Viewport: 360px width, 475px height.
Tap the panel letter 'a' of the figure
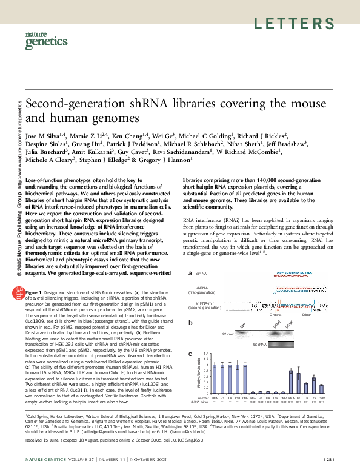190,274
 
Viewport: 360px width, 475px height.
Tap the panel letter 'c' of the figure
190,354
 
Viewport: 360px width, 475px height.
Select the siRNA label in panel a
201,274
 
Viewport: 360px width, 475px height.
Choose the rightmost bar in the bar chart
321,389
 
